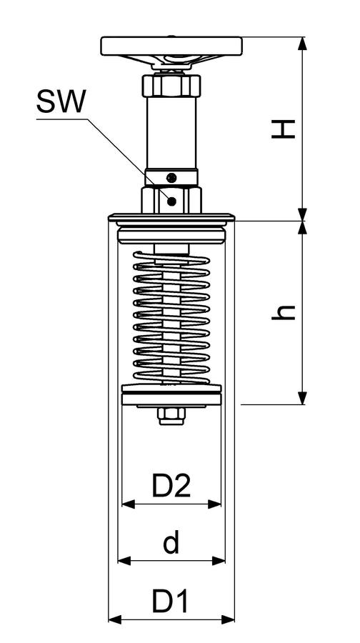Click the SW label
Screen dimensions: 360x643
(x=61, y=101)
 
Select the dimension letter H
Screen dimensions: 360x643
(x=284, y=129)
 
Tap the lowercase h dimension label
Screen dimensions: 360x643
(x=284, y=312)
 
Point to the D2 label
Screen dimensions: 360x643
(x=171, y=485)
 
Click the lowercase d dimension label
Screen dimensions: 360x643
(x=171, y=542)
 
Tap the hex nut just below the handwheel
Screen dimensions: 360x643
(x=171, y=84)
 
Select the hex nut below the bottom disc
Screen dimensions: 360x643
(x=171, y=416)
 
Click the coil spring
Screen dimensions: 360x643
(x=171, y=317)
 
